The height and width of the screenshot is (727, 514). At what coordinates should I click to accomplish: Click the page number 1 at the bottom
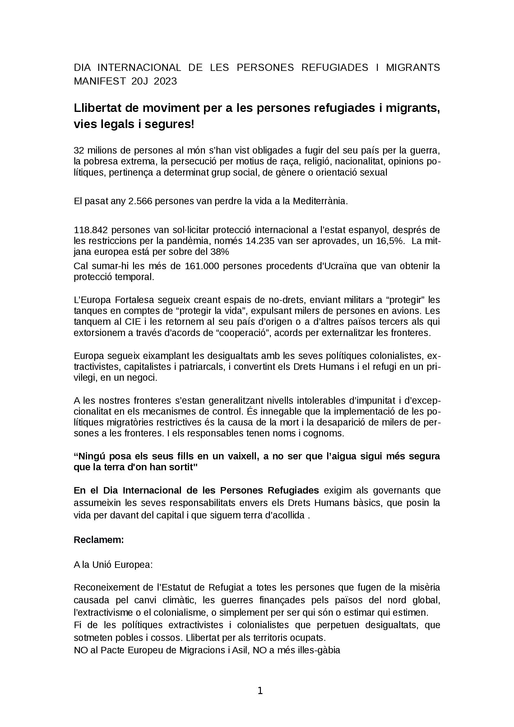[x=260, y=691]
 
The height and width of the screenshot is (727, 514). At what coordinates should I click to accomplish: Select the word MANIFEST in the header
[x=100, y=81]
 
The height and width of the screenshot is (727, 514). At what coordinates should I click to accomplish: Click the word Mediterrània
[x=320, y=201]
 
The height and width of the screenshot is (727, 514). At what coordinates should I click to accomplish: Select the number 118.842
[x=90, y=230]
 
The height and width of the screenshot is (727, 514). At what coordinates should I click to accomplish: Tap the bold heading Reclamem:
[x=99, y=540]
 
